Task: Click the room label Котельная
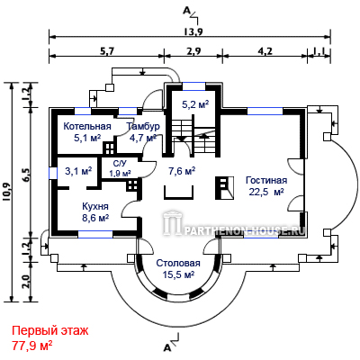(x=87, y=126)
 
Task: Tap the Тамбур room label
(x=143, y=126)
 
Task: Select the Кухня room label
(x=95, y=207)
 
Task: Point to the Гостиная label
(x=266, y=180)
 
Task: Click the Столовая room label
(x=178, y=263)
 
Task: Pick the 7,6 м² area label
(x=182, y=171)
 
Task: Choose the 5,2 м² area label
(x=195, y=104)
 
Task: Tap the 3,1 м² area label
(x=78, y=171)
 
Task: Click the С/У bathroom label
(x=119, y=164)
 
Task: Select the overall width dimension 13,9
(x=193, y=31)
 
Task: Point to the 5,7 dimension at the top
(x=107, y=51)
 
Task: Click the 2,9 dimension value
(x=193, y=51)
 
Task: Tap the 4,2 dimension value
(x=265, y=51)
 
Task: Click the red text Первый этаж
(x=50, y=331)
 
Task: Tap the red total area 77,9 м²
(x=32, y=346)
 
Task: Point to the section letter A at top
(x=186, y=11)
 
